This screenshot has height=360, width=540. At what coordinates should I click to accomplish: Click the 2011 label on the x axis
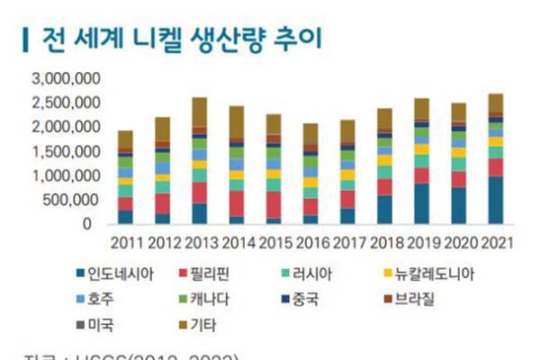coord(125,242)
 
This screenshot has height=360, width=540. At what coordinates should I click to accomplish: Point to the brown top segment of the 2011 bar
coord(125,139)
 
